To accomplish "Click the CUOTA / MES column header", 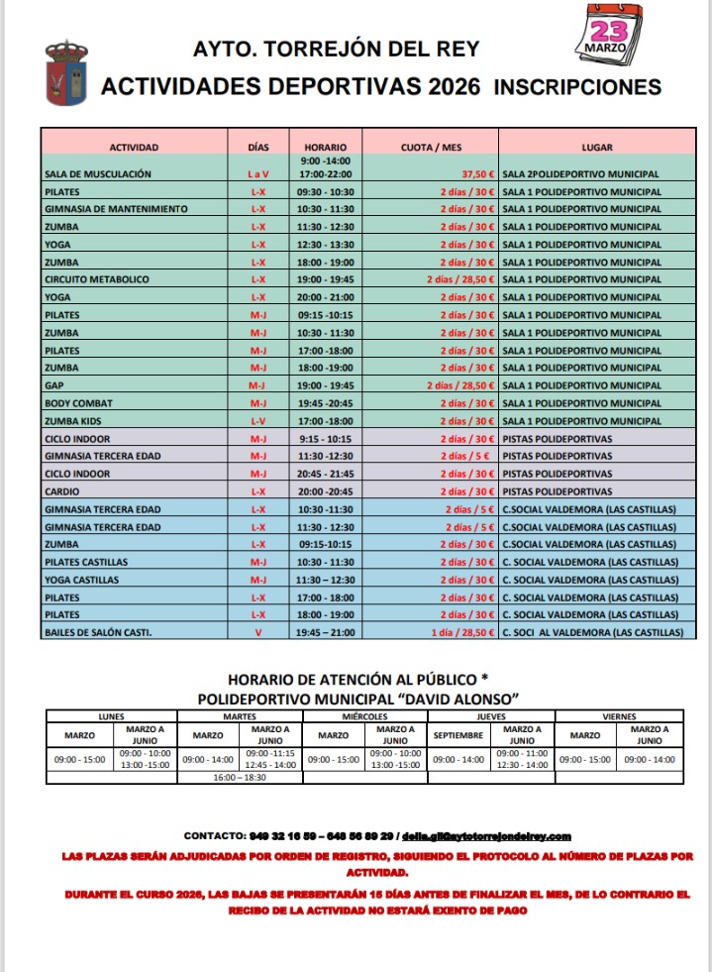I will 431,148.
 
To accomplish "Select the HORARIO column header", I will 325,148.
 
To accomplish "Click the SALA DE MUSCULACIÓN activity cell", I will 98,174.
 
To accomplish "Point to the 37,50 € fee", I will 476,174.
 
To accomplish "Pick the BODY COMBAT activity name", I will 79,403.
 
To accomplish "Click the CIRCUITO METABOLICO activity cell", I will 97,279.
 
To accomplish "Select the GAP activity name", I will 54,385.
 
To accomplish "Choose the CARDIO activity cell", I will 61,491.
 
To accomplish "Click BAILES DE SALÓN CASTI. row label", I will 98,632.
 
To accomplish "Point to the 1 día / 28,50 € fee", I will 463,632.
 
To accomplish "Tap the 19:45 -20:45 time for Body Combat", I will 325,403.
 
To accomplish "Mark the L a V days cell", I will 258,174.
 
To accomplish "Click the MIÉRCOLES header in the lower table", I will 364,715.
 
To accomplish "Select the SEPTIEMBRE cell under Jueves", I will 458,736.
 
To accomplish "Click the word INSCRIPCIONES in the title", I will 577,87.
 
